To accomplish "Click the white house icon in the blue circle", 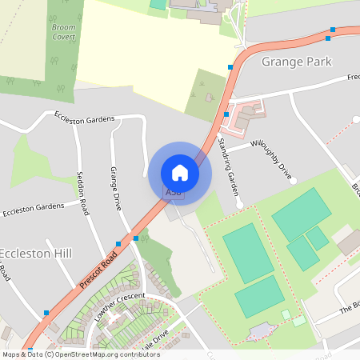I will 180,172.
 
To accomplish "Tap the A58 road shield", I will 174,193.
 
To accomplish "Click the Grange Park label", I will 296,62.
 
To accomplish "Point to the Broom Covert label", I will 63,32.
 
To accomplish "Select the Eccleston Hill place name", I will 35,254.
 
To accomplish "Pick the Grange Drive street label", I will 116,188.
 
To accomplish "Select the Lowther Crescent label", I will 120,306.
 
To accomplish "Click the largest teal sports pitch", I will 248,253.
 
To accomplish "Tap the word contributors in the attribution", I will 138,354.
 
